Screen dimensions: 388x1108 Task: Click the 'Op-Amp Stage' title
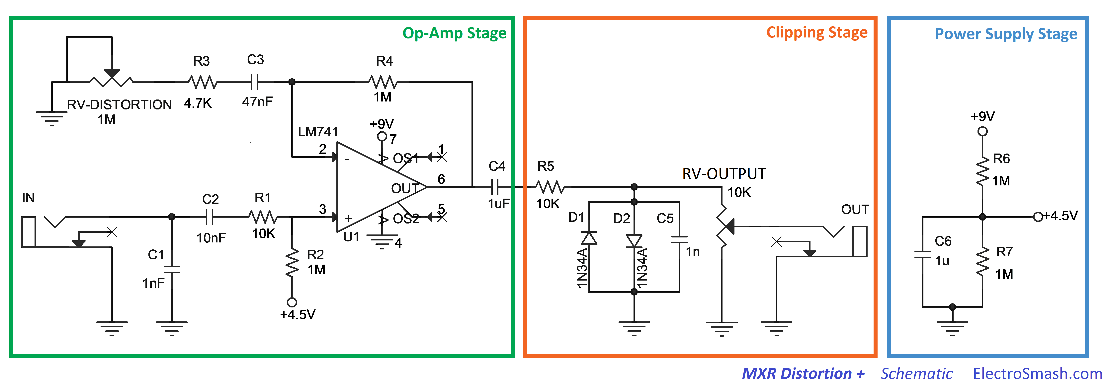(454, 33)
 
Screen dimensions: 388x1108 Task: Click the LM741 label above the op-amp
(318, 131)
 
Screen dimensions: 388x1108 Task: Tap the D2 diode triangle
(634, 241)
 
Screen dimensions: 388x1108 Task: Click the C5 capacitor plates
(679, 239)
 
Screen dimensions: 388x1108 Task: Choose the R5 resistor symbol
(550, 187)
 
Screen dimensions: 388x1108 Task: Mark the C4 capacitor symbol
(495, 187)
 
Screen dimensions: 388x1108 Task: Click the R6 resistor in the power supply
(982, 171)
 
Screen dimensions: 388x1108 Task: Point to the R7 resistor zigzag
(982, 262)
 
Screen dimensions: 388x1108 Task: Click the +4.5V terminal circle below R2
(292, 302)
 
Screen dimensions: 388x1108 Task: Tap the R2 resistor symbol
(292, 262)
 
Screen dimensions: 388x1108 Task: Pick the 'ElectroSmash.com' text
(1037, 373)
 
